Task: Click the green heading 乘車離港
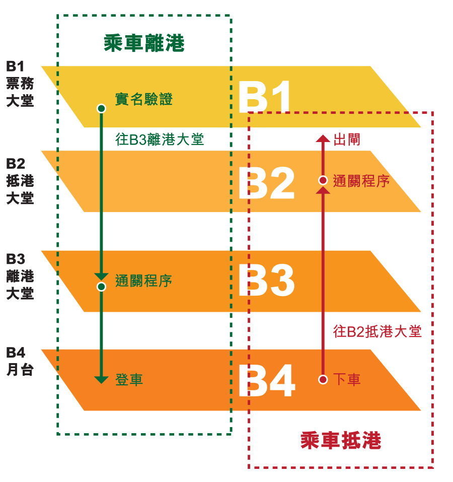pos(144,43)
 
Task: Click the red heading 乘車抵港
pos(341,440)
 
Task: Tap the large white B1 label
pos(264,97)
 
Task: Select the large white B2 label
pos(267,183)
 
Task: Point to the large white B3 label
pos(267,280)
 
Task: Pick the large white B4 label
pos(267,381)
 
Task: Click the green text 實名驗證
pos(144,99)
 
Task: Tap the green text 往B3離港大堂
pos(160,139)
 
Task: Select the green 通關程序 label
pos(144,281)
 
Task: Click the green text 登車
pos(129,380)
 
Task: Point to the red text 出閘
pos(347,140)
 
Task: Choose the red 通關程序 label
pos(361,181)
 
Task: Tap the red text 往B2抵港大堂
pos(377,332)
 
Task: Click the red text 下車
pos(347,379)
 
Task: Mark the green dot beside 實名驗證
pos(101,108)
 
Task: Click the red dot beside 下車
pos(323,380)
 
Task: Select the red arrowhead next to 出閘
pos(323,138)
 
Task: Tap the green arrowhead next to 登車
pos(101,380)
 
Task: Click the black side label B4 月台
pos(20,361)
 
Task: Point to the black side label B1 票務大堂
pos(20,84)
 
